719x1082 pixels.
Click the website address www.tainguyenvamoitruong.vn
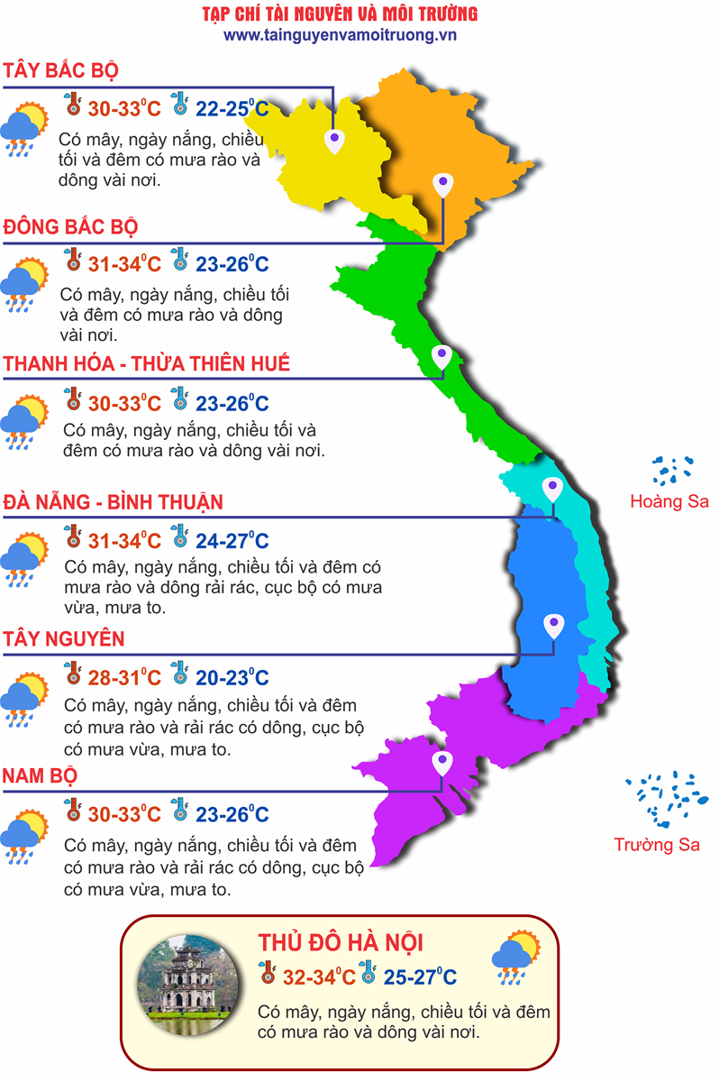click(x=341, y=35)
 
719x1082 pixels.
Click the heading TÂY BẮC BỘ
click(x=61, y=71)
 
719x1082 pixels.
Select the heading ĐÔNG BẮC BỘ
click(x=71, y=226)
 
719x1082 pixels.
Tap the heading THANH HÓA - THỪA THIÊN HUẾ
click(x=147, y=363)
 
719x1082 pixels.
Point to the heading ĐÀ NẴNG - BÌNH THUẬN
click(x=113, y=501)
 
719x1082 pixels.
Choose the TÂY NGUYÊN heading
click(x=63, y=639)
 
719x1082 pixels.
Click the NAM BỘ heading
click(x=40, y=776)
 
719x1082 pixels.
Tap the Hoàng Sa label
click(x=669, y=501)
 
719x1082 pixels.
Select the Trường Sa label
click(x=657, y=845)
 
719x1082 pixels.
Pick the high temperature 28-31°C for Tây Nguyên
click(x=124, y=677)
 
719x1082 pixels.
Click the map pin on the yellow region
click(x=334, y=139)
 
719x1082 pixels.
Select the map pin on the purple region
click(x=441, y=765)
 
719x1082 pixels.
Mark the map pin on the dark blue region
click(x=552, y=625)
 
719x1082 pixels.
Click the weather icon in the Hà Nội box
click(x=516, y=958)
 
